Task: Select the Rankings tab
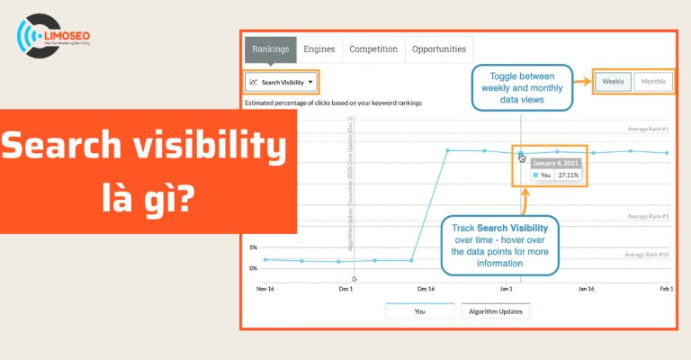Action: pos(270,49)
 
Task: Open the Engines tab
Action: pos(319,49)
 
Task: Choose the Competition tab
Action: pos(373,49)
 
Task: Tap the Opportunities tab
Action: pos(439,49)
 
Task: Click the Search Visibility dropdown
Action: pos(281,82)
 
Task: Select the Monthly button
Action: pos(653,82)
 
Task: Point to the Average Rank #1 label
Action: pos(647,129)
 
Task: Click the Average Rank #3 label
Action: pos(647,216)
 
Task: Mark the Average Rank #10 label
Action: pos(646,255)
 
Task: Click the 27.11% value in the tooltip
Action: pos(567,175)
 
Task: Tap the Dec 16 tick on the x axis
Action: pos(426,289)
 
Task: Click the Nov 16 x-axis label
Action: pos(265,289)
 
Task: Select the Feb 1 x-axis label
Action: pos(665,289)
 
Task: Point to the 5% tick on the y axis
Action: pos(253,247)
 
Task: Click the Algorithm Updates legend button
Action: pos(496,311)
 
